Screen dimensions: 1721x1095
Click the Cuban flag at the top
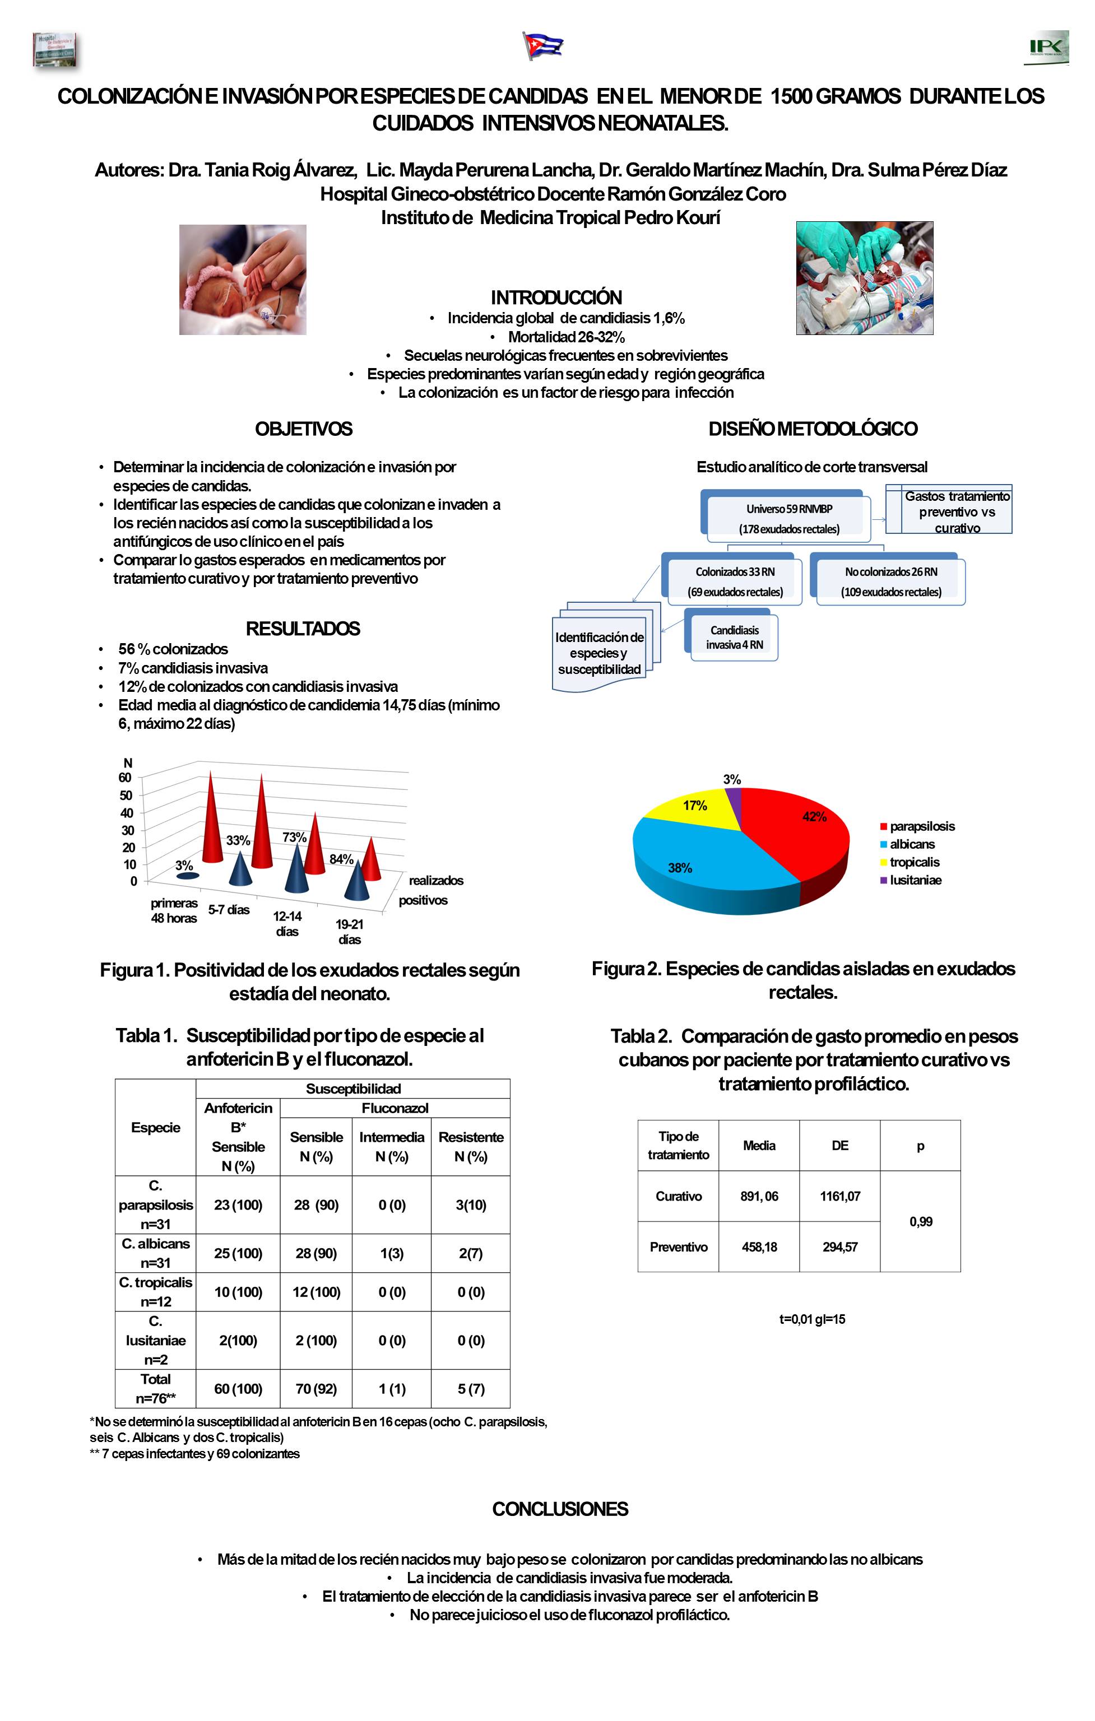coord(543,46)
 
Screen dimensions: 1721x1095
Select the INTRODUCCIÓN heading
coord(556,297)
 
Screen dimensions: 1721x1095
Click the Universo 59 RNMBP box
coord(789,519)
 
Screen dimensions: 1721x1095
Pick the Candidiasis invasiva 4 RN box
coord(734,638)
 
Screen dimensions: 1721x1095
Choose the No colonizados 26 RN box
coord(890,582)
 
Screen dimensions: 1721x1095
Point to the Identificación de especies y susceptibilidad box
coord(599,653)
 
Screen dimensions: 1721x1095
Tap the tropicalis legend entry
coord(914,863)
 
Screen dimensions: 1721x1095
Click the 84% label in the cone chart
coord(341,859)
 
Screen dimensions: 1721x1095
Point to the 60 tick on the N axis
coord(125,778)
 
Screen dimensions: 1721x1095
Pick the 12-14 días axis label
coord(287,923)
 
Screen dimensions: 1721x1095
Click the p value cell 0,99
coord(921,1221)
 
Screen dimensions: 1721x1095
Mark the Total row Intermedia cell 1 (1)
coord(392,1389)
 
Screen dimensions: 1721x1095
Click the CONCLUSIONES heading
coord(560,1509)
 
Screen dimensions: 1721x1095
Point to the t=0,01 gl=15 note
coord(812,1319)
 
